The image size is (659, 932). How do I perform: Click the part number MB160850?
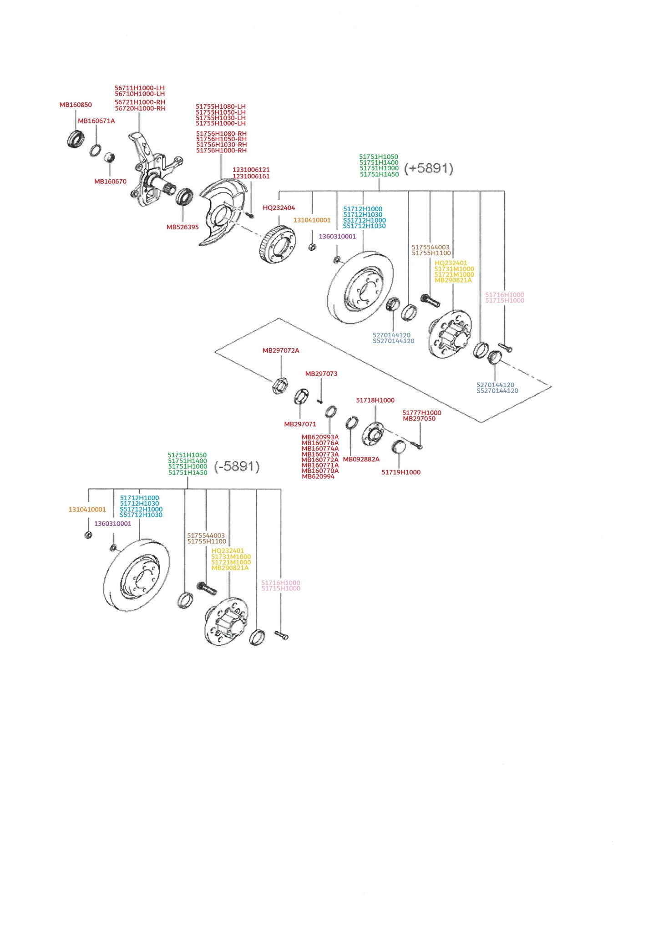point(76,105)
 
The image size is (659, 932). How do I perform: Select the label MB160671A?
point(96,121)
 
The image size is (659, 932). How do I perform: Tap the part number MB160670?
point(110,182)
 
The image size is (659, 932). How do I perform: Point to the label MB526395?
point(182,227)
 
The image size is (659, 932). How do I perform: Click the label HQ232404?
point(279,208)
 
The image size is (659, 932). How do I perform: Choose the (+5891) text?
point(429,168)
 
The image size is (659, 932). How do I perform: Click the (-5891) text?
point(237,466)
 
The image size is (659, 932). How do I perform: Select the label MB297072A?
point(281,351)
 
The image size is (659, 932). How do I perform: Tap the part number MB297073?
point(321,374)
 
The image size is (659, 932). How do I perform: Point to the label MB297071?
point(300,424)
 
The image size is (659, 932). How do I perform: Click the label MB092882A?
point(361,460)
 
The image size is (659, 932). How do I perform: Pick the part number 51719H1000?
point(401,472)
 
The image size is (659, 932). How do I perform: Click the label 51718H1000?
point(375,400)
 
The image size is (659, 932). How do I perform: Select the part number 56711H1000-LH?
point(140,88)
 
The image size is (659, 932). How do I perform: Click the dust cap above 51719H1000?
point(399,447)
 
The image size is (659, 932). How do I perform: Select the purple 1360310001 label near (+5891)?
point(337,237)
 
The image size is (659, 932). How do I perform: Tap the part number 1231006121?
point(251,170)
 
